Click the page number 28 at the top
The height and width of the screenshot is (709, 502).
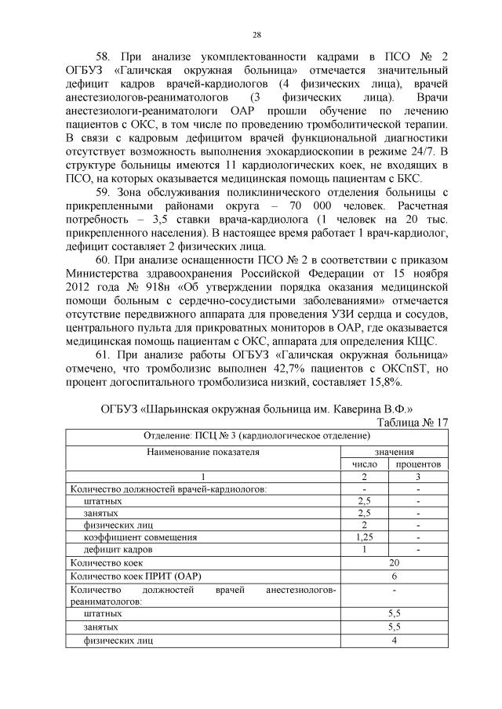pos(256,35)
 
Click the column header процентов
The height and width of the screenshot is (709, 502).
pos(417,464)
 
